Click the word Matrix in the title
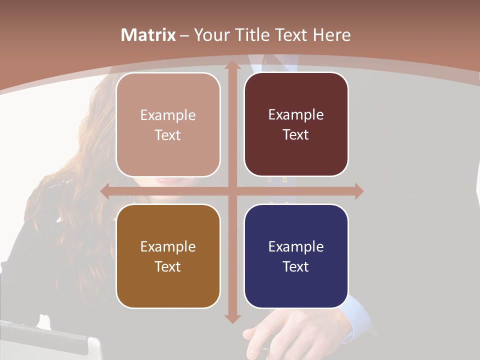pos(148,35)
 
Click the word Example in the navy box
pos(296,246)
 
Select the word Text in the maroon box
pos(296,135)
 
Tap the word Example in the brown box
pos(168,246)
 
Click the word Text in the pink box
pos(168,135)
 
